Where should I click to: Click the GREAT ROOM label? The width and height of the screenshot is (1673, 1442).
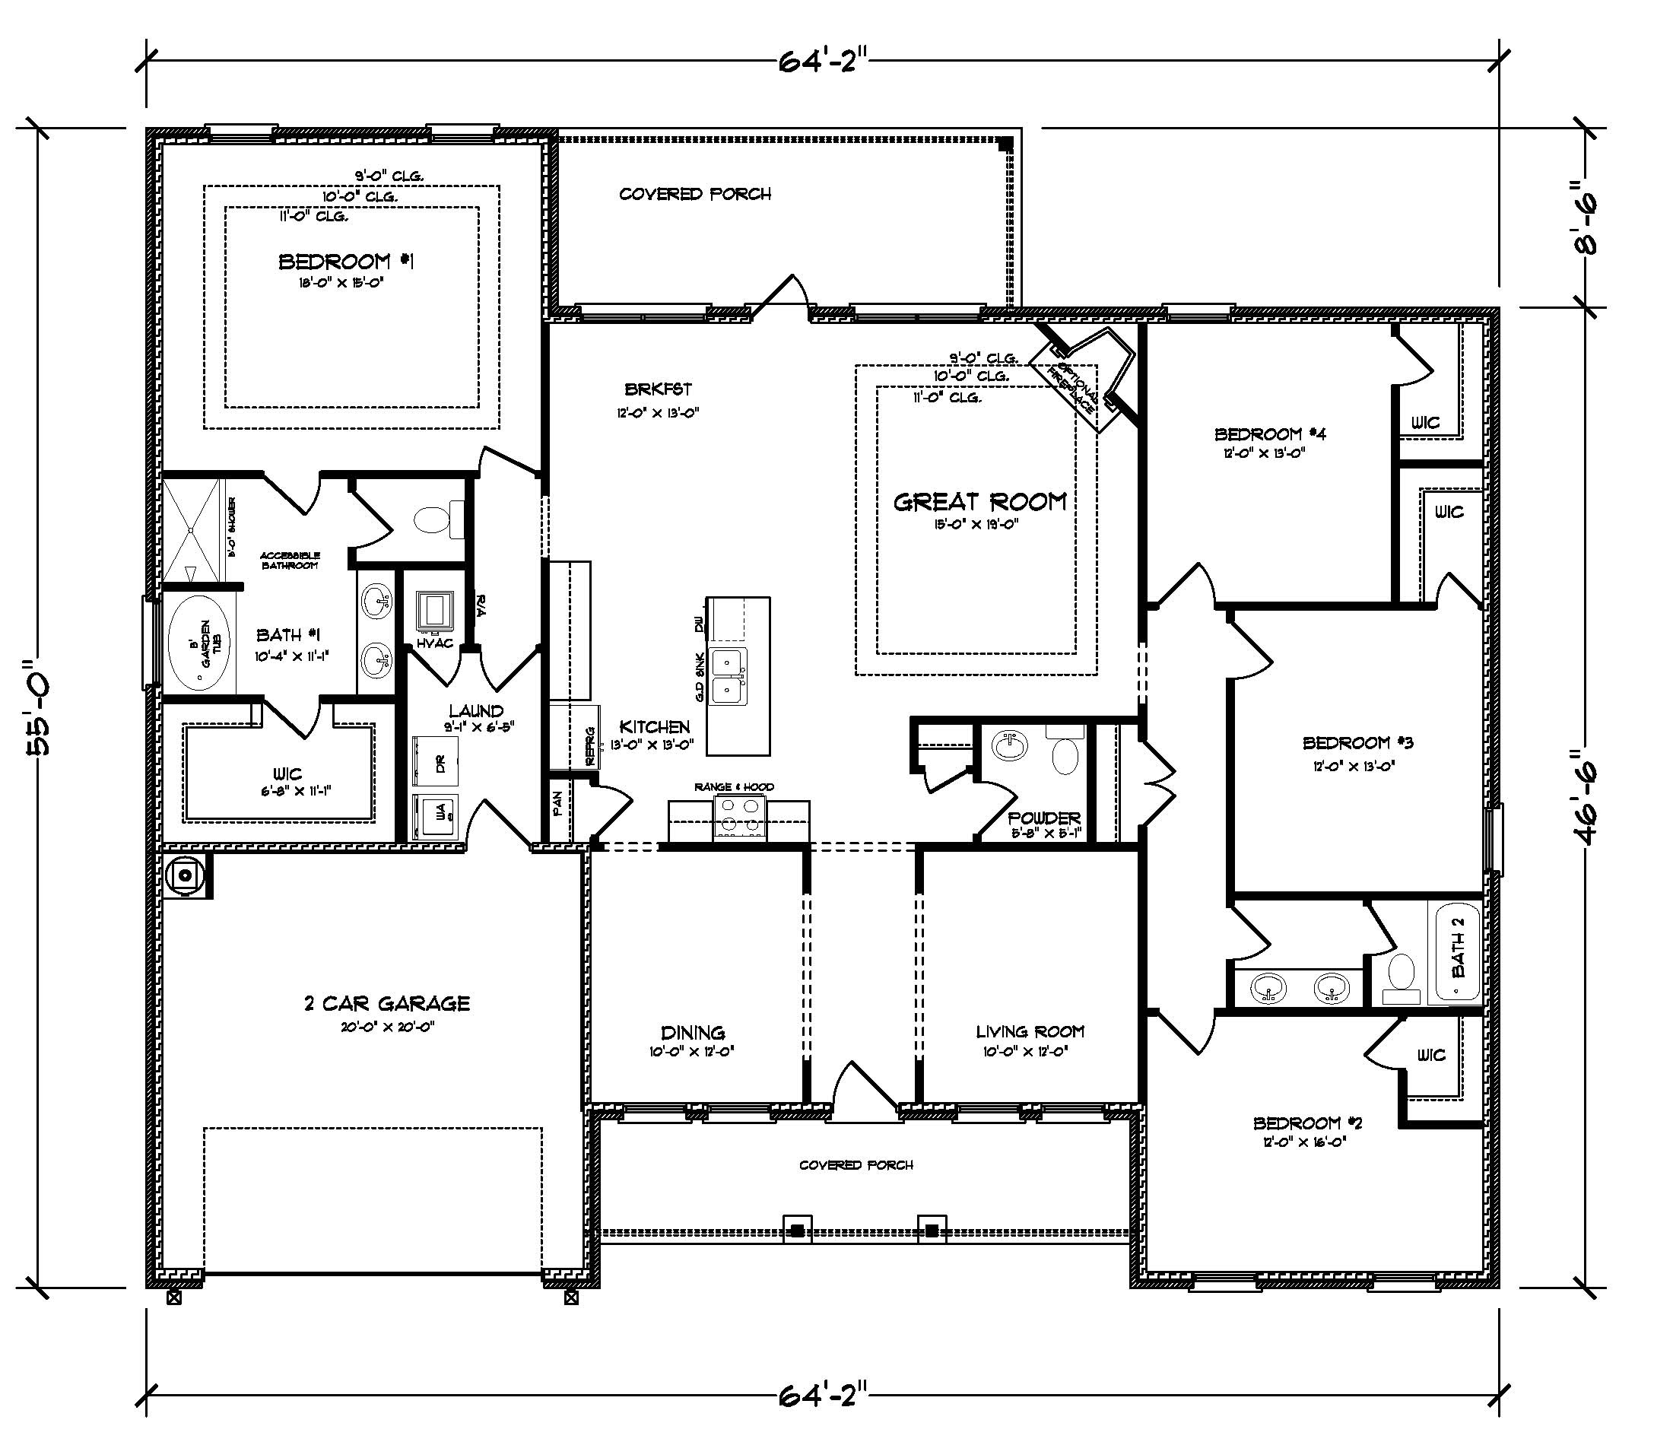(979, 502)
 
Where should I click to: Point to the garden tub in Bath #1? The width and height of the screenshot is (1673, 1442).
(198, 643)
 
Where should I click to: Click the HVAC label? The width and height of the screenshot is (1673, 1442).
(434, 643)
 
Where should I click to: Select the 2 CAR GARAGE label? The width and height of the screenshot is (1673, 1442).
(387, 1004)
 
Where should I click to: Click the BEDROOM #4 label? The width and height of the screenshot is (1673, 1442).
(1270, 434)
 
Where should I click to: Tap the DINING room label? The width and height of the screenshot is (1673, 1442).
(692, 1033)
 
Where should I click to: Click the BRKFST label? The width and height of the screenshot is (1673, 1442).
(657, 389)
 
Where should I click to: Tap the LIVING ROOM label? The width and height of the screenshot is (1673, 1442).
(1029, 1031)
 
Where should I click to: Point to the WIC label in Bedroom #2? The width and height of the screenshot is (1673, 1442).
(1430, 1055)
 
